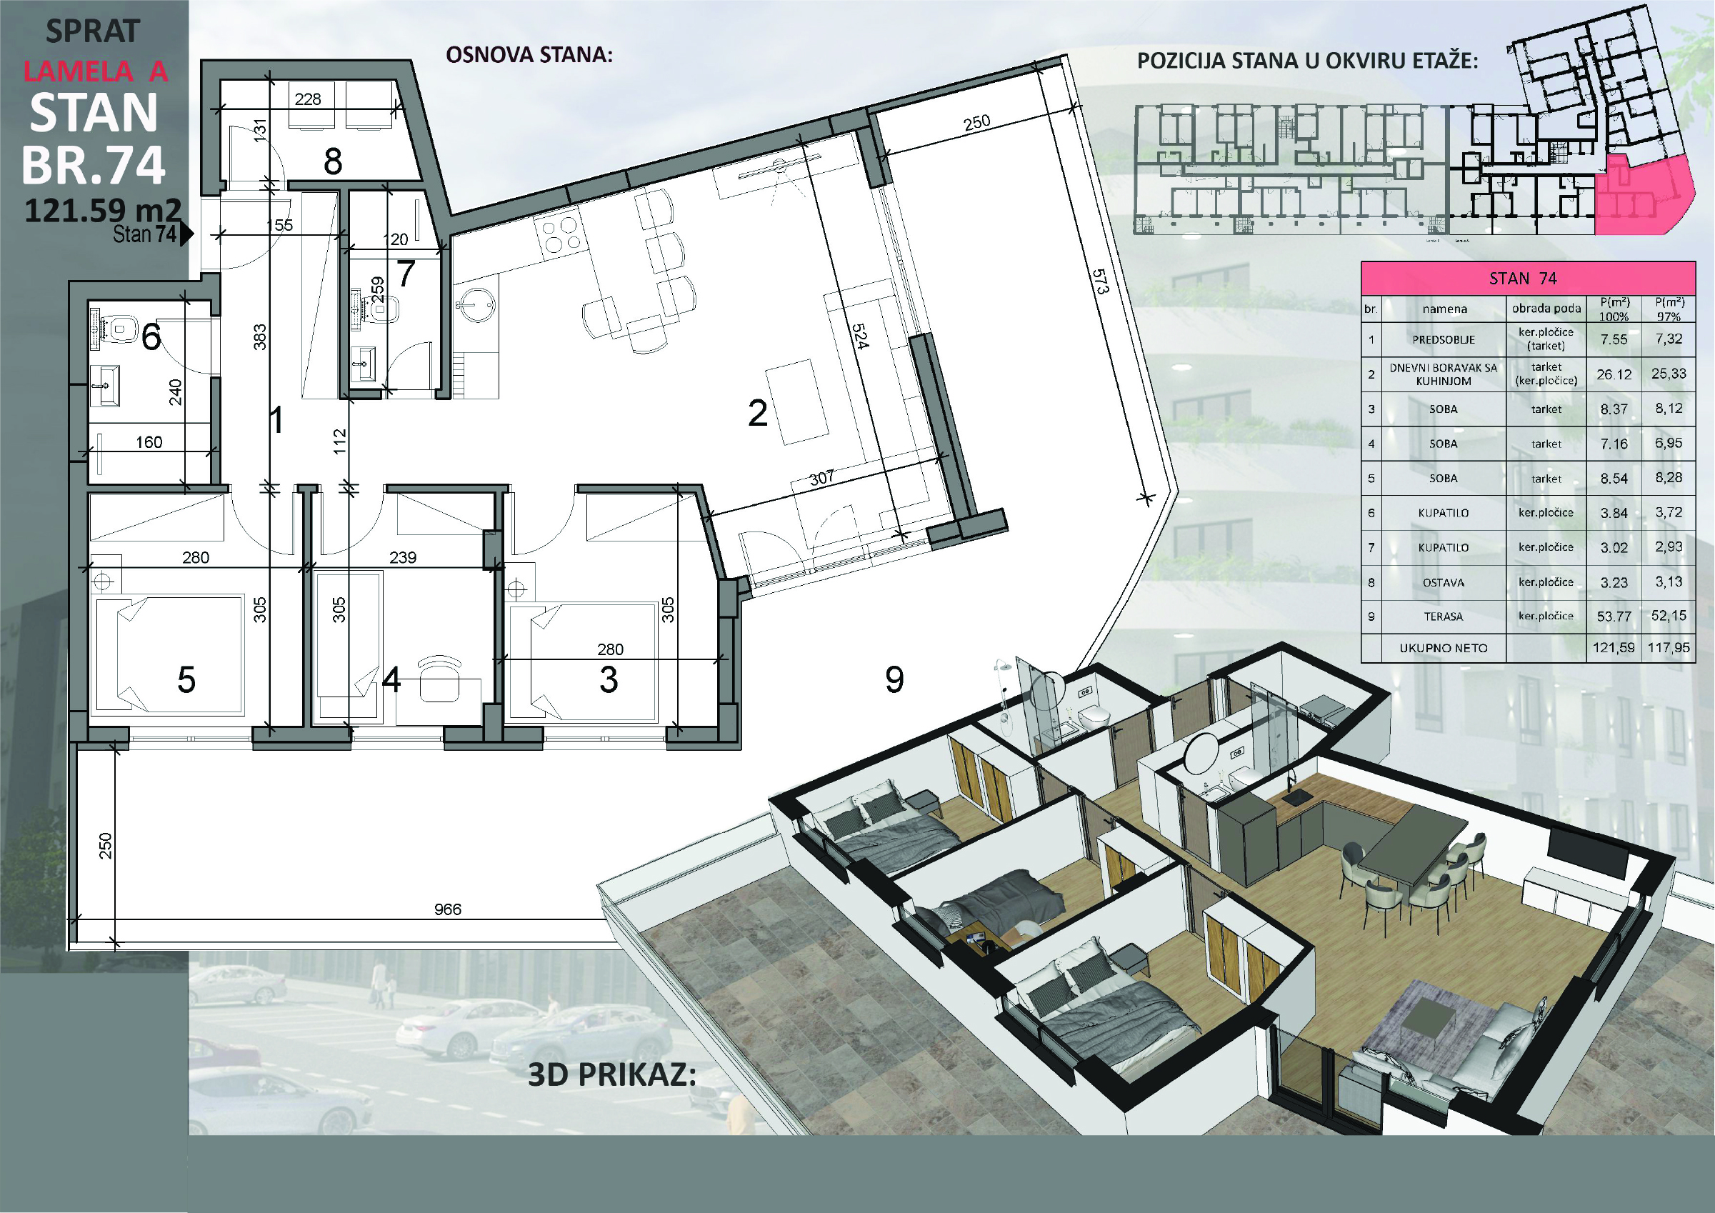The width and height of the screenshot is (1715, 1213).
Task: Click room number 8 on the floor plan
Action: [x=332, y=161]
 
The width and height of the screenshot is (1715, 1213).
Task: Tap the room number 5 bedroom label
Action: [x=186, y=679]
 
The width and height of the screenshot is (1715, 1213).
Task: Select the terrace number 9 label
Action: [x=894, y=679]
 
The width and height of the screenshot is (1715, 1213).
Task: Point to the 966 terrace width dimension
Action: [x=447, y=909]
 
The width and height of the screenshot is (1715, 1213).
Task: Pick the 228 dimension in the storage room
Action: [x=308, y=99]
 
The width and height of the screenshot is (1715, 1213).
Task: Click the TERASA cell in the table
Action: [x=1443, y=617]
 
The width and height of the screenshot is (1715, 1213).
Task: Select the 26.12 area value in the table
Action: [x=1614, y=374]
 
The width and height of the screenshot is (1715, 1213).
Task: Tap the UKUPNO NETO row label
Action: [x=1443, y=648]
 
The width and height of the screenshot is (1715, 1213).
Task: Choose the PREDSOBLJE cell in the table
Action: [x=1443, y=339]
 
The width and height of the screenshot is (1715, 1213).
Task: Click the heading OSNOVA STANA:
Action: [x=529, y=54]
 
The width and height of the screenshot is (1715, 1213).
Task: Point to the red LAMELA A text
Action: [x=96, y=71]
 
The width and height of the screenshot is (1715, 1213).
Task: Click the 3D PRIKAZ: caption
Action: [x=611, y=1074]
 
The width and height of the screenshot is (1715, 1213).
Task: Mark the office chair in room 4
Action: [x=439, y=679]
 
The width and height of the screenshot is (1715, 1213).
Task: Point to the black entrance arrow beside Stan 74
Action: [x=186, y=234]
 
